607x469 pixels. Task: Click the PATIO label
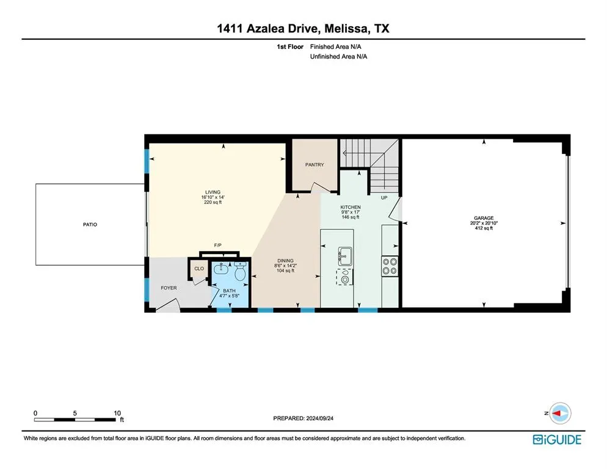point(90,225)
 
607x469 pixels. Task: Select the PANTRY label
point(314,165)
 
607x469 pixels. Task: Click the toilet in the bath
point(241,274)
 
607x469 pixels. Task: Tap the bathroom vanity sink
point(220,269)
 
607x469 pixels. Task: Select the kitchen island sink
point(344,255)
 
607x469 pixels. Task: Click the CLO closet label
point(199,268)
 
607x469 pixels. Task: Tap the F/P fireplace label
point(217,245)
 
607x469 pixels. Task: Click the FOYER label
point(169,288)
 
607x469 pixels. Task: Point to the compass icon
point(559,413)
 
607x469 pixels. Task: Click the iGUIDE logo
point(556,440)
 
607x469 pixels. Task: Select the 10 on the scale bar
point(117,412)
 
